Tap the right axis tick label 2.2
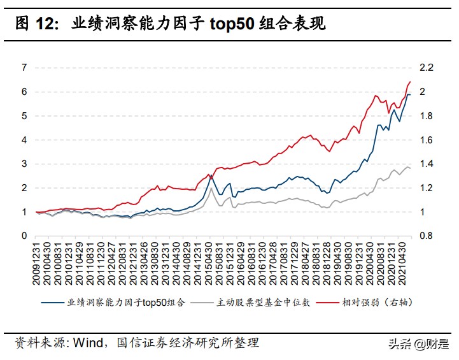click(426, 68)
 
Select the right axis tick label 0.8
click(426, 236)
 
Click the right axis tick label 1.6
click(426, 140)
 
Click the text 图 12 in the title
click(38, 24)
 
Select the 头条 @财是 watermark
click(417, 344)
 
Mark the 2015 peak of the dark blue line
click(211, 175)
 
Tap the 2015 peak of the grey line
click(211, 187)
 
